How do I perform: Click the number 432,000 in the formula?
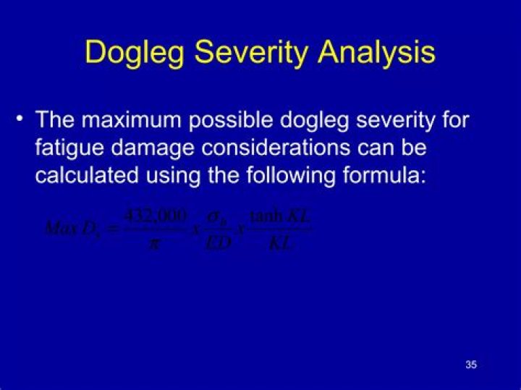tap(155, 216)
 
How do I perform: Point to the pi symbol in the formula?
tap(153, 243)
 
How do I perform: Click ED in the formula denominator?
tap(217, 243)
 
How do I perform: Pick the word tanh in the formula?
tap(265, 216)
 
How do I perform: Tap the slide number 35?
tap(471, 365)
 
